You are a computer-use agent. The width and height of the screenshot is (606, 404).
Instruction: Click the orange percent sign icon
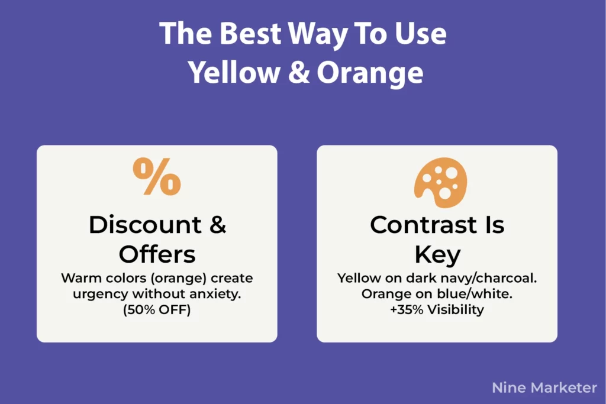point(157,177)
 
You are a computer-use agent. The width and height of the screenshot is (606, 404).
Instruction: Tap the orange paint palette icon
point(440,182)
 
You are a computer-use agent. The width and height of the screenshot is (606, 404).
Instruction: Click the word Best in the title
point(252,34)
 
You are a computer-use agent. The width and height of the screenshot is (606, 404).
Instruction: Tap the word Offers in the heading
point(157,254)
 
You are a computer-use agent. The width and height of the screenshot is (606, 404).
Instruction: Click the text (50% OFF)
point(157,309)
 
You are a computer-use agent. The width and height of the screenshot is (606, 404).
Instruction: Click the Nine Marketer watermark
point(544,387)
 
